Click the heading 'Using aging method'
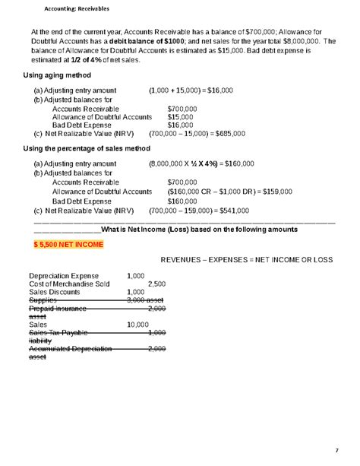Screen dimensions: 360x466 click(x=57, y=76)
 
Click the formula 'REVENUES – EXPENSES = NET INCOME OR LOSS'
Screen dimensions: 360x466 click(x=246, y=260)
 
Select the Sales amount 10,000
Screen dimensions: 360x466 click(x=137, y=324)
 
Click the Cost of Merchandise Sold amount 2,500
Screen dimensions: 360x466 click(x=156, y=284)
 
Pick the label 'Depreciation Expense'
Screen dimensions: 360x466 click(x=64, y=275)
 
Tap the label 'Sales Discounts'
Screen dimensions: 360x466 click(x=53, y=292)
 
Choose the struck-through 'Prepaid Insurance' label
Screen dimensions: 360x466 click(x=58, y=308)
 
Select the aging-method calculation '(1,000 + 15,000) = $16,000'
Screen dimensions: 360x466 click(x=191, y=89)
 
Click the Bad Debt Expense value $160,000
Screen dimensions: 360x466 click(x=183, y=199)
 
